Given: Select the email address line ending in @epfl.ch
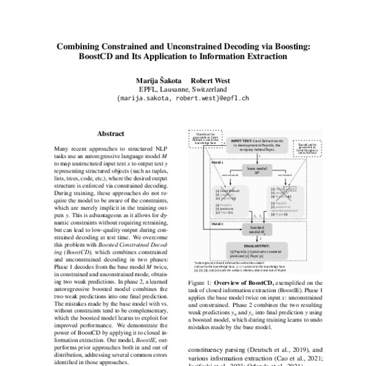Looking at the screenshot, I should coord(183,98).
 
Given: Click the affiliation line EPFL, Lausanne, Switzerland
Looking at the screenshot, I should coord(183,89).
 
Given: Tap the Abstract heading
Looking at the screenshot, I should coord(110,134).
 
